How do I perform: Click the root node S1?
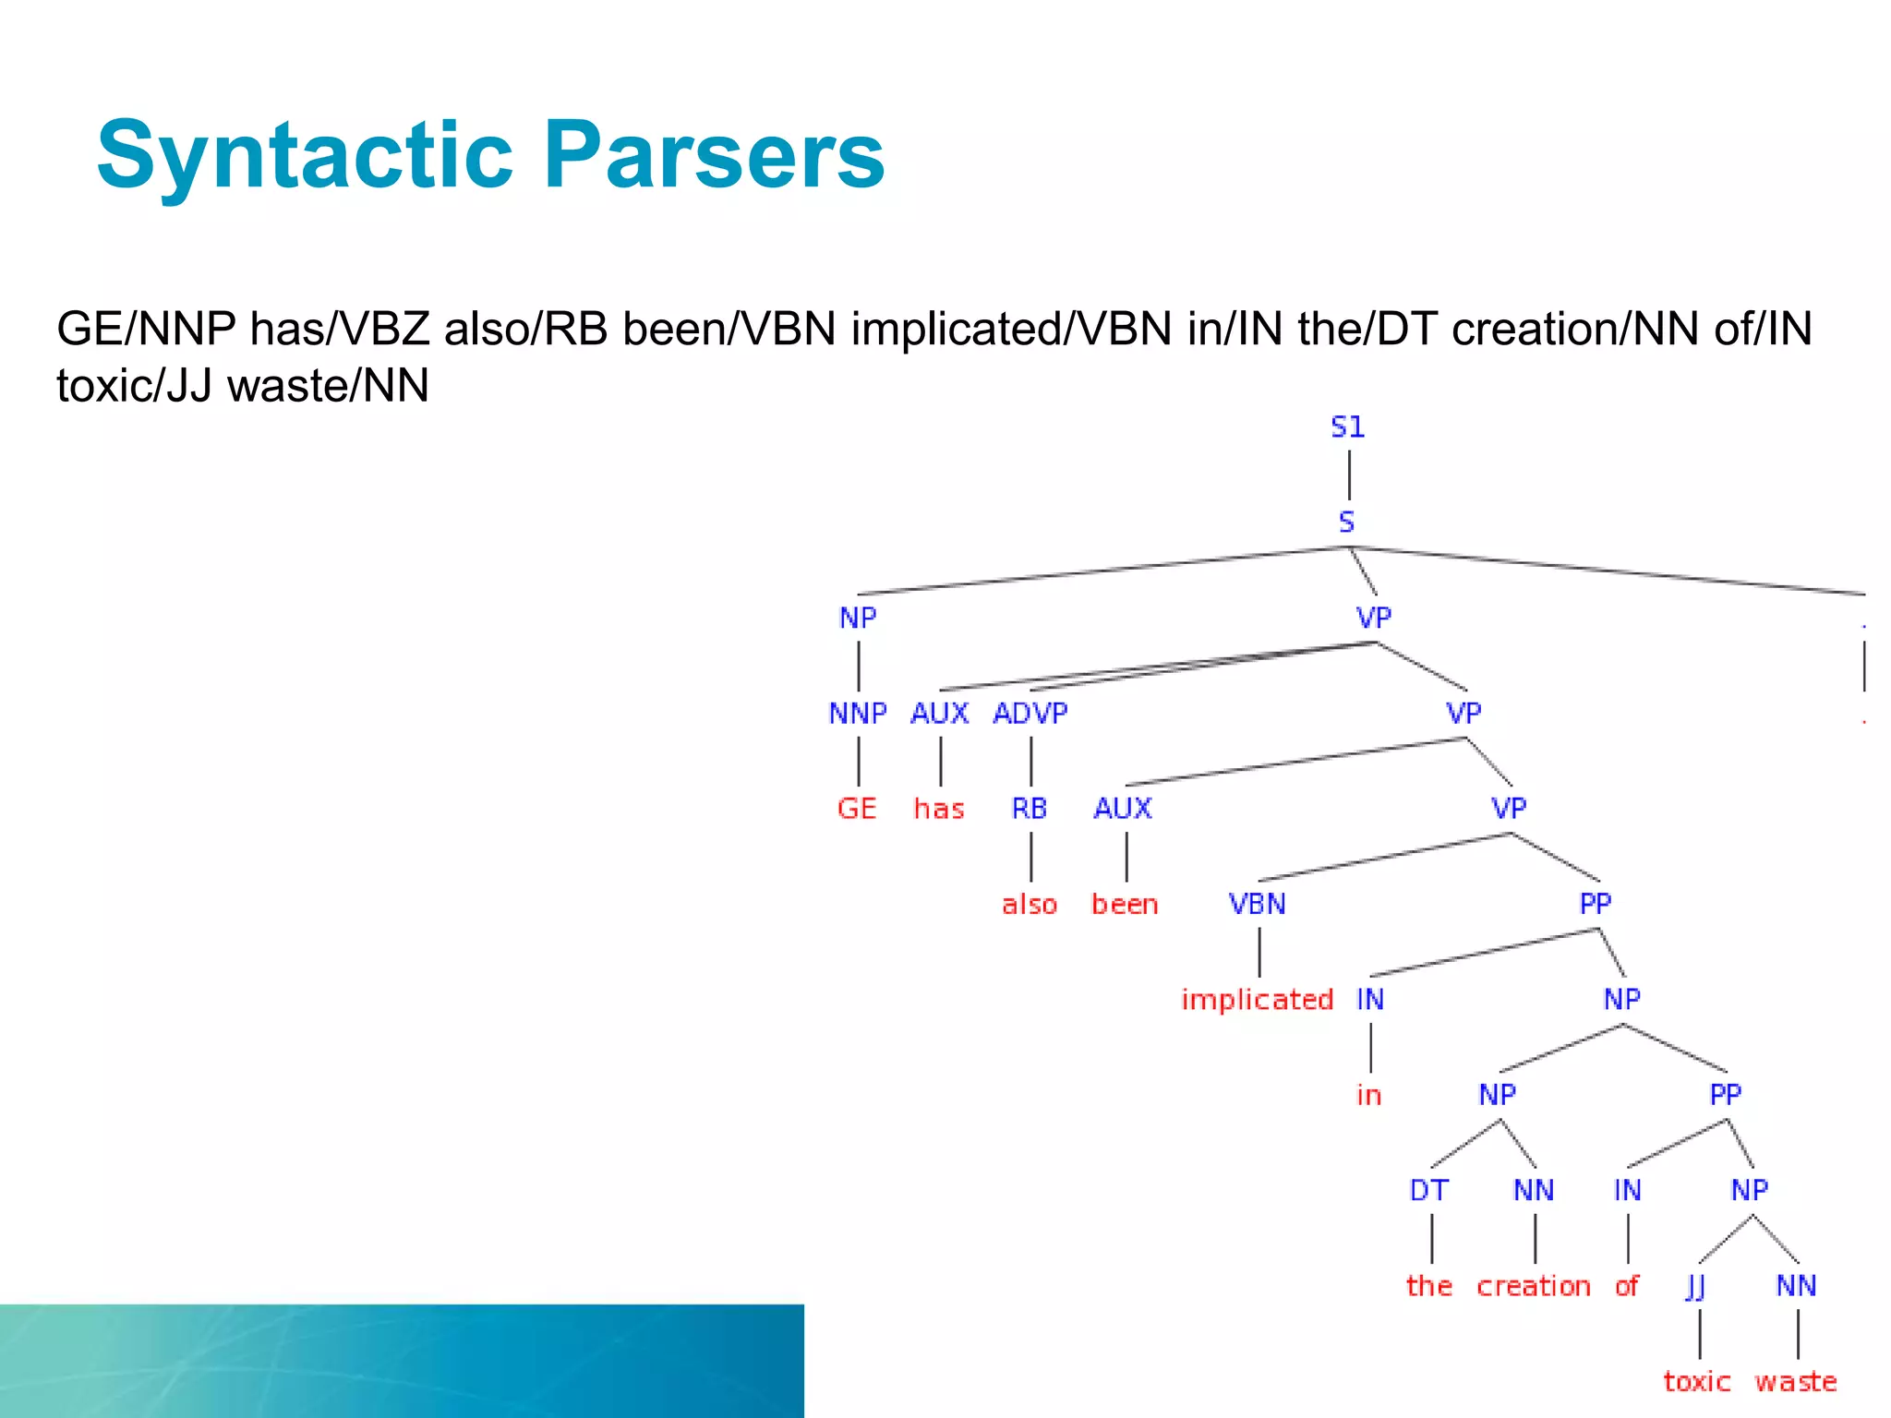pos(1347,427)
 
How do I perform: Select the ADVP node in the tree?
pos(1030,714)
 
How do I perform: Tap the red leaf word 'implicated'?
pos(1257,1000)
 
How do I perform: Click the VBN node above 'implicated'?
pos(1257,904)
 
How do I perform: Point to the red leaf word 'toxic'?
pos(1696,1382)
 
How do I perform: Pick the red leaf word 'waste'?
pos(1796,1382)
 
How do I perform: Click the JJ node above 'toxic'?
pos(1695,1286)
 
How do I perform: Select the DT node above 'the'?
pos(1428,1191)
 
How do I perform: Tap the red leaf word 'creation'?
pos(1533,1286)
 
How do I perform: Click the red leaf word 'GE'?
pos(857,809)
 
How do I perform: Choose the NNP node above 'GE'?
pos(857,714)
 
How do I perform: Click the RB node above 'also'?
pos(1030,809)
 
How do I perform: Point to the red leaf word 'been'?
pos(1125,905)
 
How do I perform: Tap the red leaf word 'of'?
pos(1627,1286)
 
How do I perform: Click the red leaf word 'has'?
pos(939,810)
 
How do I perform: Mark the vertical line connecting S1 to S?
pos(1349,475)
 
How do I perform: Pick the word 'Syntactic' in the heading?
pos(305,155)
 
